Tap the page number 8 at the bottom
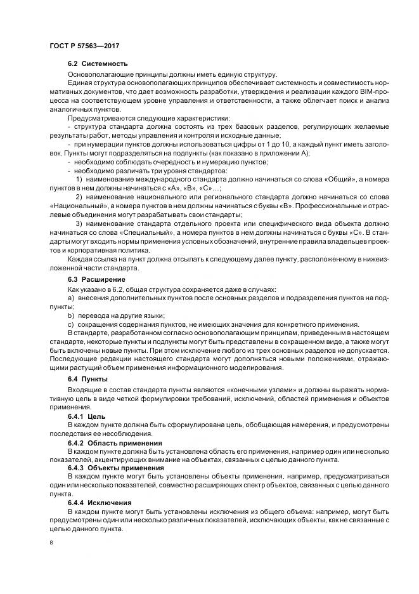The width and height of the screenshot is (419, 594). tap(51, 543)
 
